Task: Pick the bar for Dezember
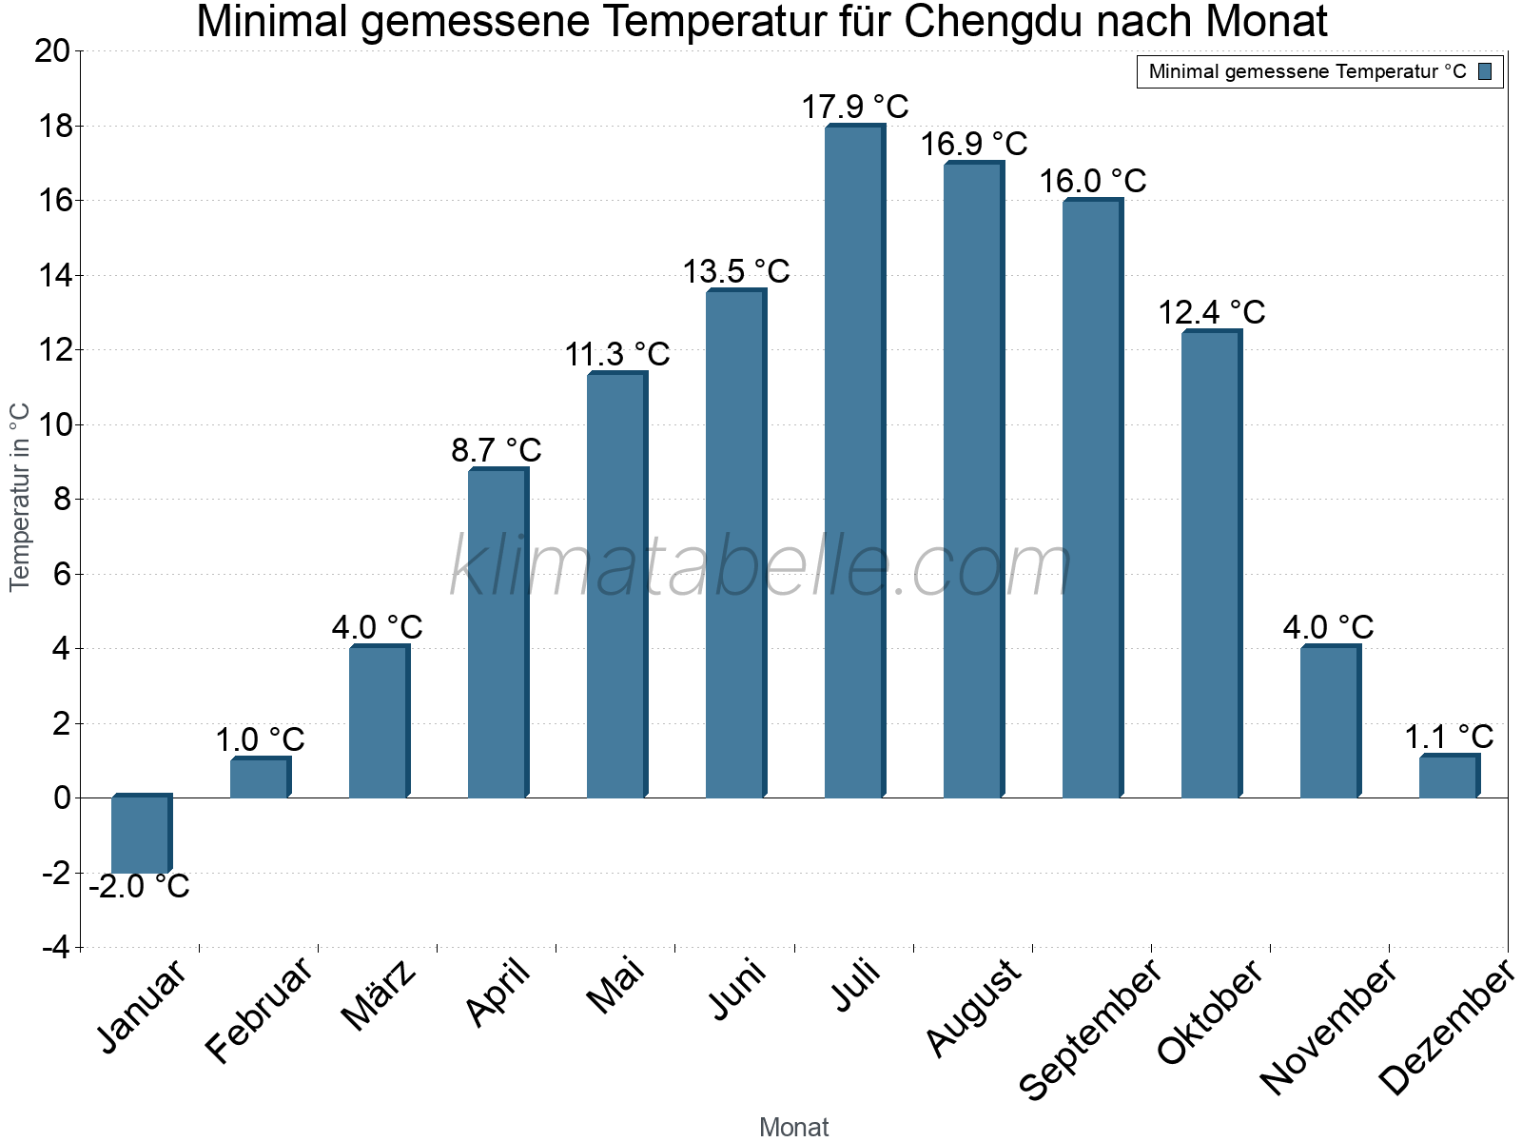pyautogui.click(x=1449, y=777)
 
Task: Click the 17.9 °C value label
pyautogui.click(x=854, y=107)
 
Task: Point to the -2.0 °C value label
pyautogui.click(x=140, y=887)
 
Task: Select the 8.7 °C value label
pyautogui.click(x=497, y=449)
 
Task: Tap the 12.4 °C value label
pyautogui.click(x=1211, y=312)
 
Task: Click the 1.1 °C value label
pyautogui.click(x=1449, y=737)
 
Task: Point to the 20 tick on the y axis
pyautogui.click(x=53, y=51)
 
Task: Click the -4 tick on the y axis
pyautogui.click(x=56, y=948)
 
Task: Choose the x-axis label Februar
pyautogui.click(x=259, y=1011)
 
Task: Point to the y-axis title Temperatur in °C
pyautogui.click(x=20, y=497)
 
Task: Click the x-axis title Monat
pyautogui.click(x=794, y=1128)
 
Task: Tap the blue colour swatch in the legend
pyautogui.click(x=1485, y=71)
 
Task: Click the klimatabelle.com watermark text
pyautogui.click(x=761, y=567)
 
